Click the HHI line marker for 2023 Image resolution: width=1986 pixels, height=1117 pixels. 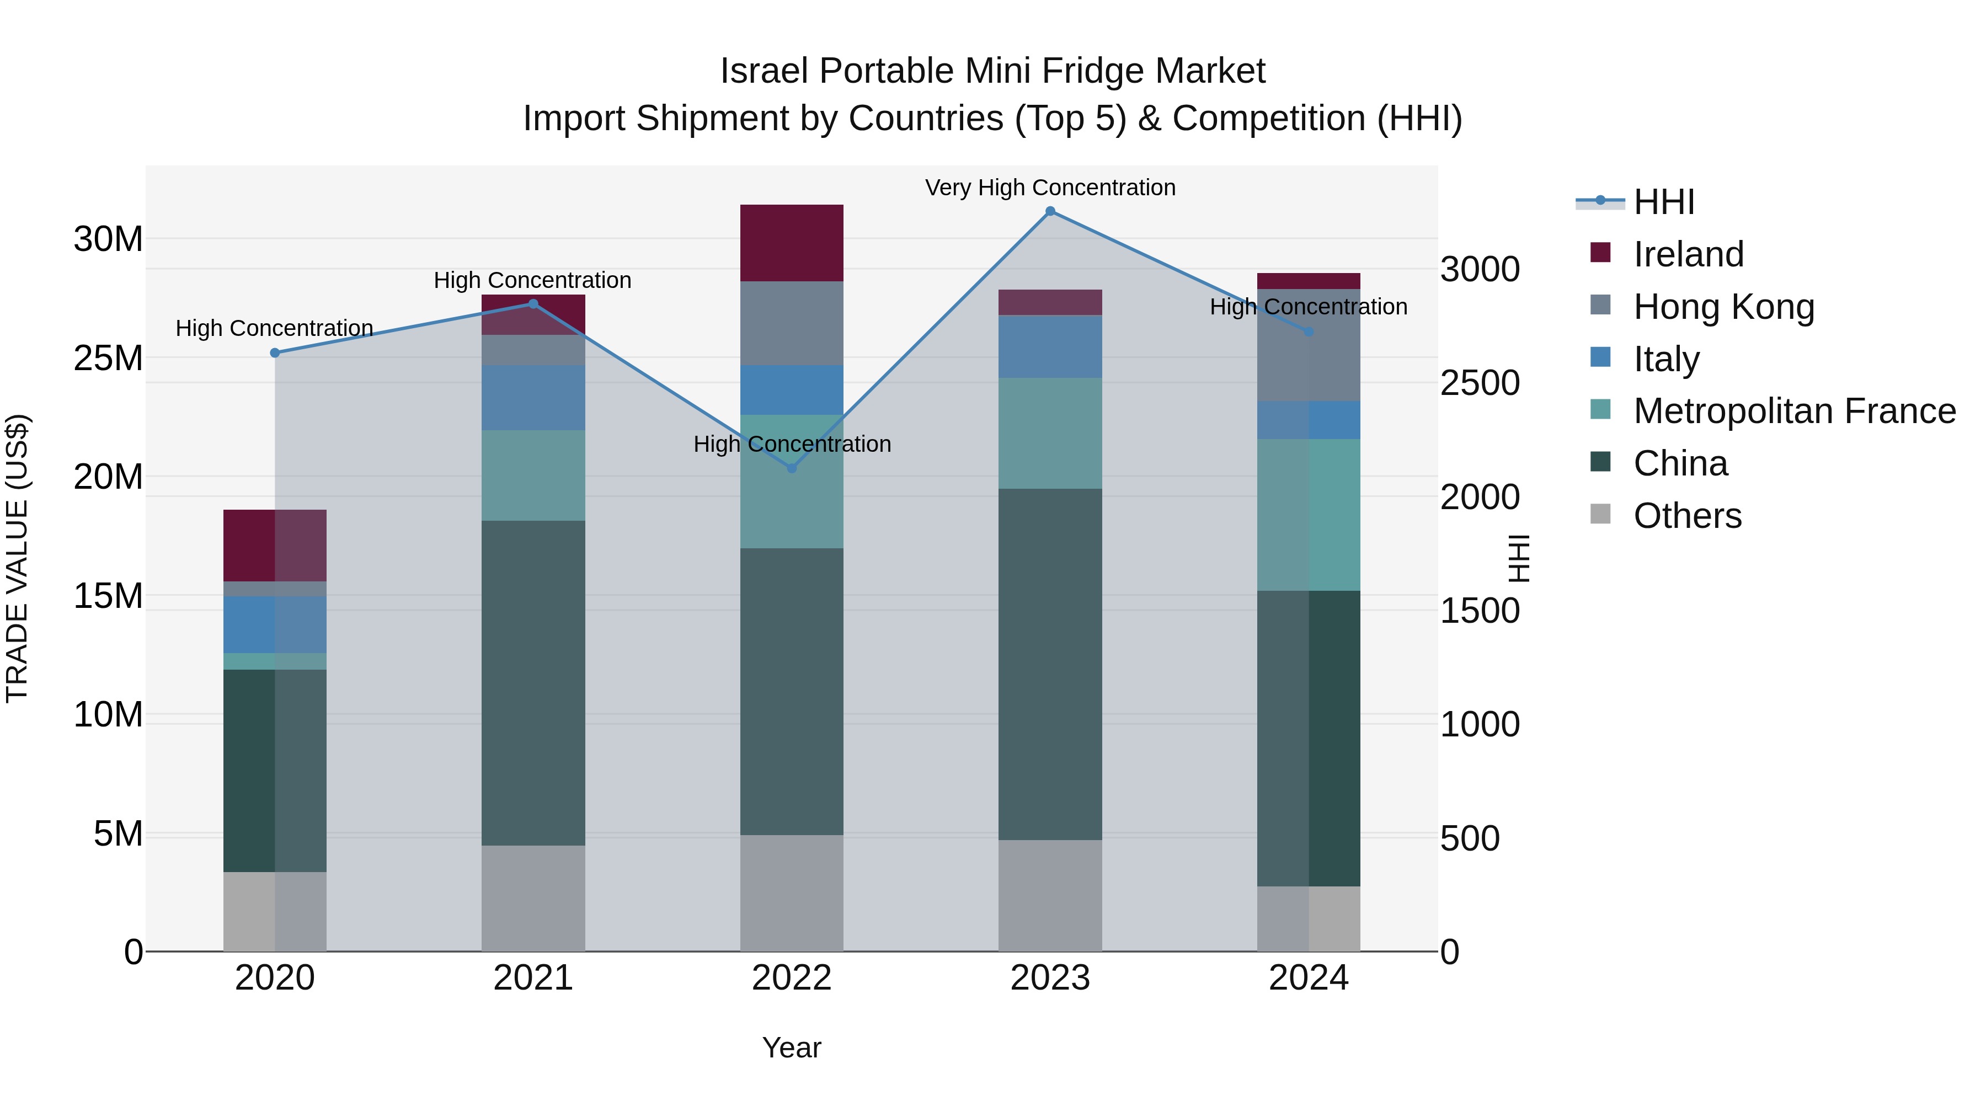point(1050,211)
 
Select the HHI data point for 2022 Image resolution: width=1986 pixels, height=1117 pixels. point(791,468)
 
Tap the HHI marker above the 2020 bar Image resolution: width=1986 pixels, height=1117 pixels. point(275,353)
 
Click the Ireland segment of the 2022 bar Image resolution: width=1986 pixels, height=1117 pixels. point(791,243)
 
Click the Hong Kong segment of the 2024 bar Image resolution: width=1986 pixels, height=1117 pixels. point(1309,345)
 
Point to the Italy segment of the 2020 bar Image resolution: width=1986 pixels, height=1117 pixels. point(275,624)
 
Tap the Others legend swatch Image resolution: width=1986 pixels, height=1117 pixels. point(1600,514)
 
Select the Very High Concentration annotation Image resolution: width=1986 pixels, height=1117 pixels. point(1050,188)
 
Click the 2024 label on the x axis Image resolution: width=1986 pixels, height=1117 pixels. point(1309,978)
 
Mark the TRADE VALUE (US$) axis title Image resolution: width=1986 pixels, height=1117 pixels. point(17,558)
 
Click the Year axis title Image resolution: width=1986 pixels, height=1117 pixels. point(791,1047)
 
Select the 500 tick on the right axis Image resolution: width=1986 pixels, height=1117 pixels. point(1470,838)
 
